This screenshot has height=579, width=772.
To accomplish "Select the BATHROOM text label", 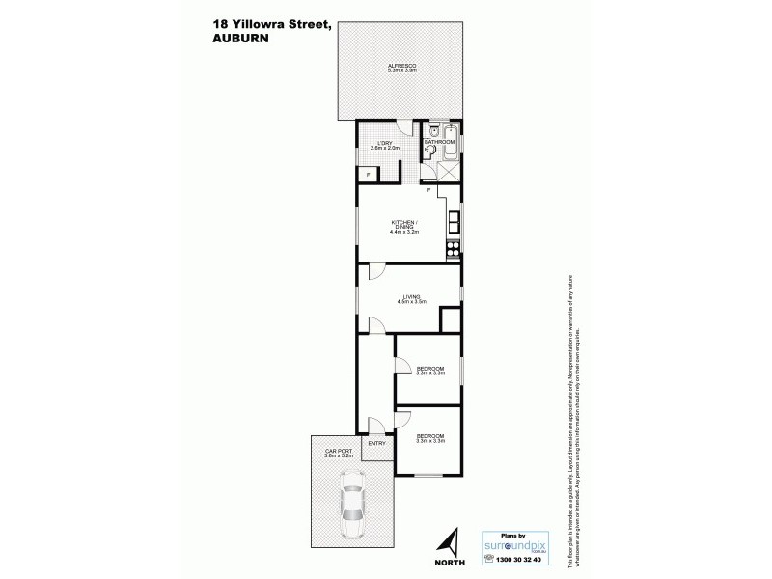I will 439,142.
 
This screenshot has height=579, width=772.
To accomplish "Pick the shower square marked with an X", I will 450,173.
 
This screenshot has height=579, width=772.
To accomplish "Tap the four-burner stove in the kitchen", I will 452,250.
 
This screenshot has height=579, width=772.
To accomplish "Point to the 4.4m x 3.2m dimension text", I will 402,233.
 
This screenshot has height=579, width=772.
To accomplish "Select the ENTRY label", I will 376,443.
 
